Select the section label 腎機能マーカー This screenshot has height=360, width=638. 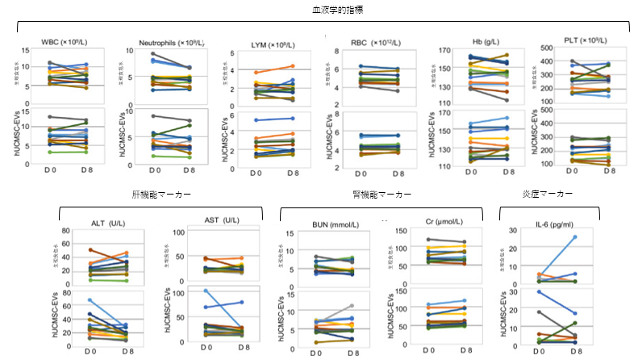coord(382,195)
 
